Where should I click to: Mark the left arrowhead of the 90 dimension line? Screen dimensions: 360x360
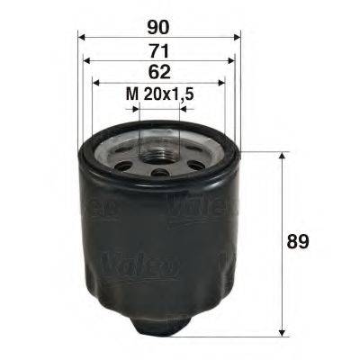coord(82,37)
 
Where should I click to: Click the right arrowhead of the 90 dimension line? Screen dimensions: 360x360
coord(238,37)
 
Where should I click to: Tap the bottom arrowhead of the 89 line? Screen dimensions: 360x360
coord(284,329)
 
